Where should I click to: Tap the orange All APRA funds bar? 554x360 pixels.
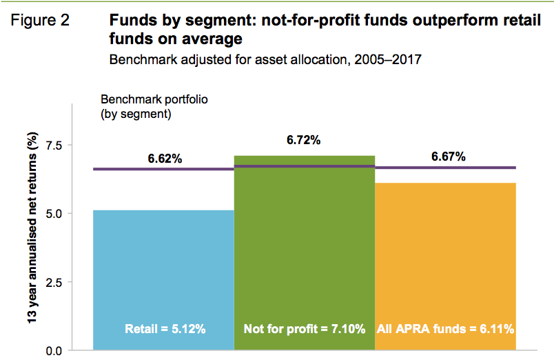point(445,262)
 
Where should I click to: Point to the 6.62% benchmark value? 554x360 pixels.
point(165,159)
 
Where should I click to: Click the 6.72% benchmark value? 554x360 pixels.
point(304,141)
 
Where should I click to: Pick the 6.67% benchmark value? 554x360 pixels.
point(449,157)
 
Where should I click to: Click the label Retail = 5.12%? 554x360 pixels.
point(165,329)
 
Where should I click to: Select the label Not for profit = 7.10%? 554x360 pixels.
point(304,329)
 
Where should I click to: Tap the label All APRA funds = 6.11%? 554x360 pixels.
point(445,329)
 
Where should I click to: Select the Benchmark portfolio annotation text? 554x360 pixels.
point(154,106)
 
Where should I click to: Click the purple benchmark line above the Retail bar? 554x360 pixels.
point(163,168)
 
